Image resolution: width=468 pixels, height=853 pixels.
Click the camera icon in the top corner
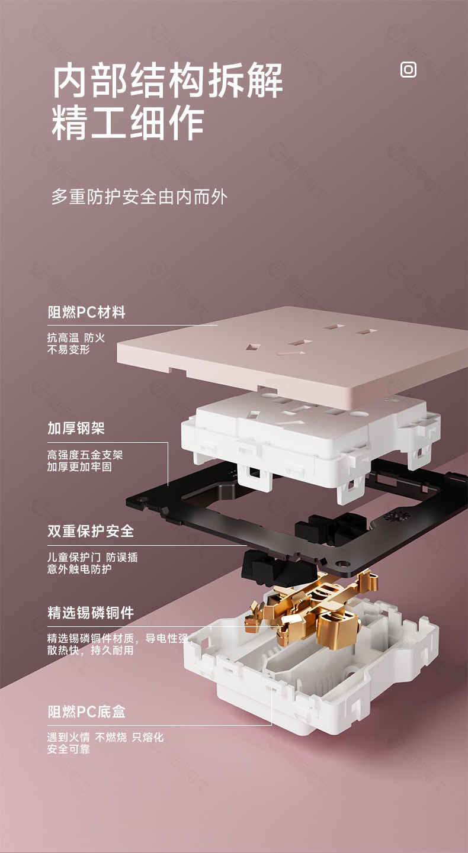[408, 70]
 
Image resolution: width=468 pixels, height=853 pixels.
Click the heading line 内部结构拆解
[167, 81]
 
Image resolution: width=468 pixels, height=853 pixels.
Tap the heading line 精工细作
[128, 123]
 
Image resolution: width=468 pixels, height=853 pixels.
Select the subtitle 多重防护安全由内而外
[139, 197]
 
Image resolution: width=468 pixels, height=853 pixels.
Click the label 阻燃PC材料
[86, 313]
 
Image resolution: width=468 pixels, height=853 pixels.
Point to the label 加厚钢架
[76, 428]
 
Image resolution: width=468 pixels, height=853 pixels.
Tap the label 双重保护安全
[91, 531]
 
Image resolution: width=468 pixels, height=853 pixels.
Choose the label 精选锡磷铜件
[91, 613]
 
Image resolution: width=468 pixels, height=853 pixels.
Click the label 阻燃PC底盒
[86, 712]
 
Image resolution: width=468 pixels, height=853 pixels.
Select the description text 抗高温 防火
[76, 337]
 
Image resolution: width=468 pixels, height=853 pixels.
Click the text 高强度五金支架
[85, 455]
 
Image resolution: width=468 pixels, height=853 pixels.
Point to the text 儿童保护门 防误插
[92, 557]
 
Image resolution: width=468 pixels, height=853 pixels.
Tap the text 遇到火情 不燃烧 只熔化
[105, 737]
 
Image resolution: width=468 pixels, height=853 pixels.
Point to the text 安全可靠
[69, 749]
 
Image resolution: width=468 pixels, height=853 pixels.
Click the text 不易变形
[69, 349]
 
